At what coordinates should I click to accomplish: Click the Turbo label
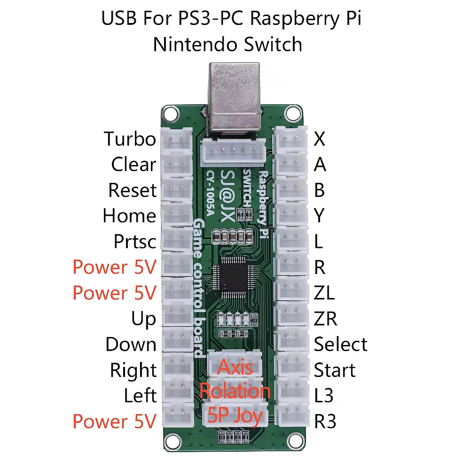pyautogui.click(x=130, y=139)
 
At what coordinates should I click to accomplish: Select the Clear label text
pyautogui.click(x=133, y=164)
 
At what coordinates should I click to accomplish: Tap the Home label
pyautogui.click(x=129, y=216)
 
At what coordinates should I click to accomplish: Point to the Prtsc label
pyautogui.click(x=135, y=242)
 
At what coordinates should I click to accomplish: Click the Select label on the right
pyautogui.click(x=340, y=345)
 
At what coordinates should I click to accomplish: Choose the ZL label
pyautogui.click(x=324, y=293)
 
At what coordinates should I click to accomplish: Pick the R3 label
pyautogui.click(x=325, y=422)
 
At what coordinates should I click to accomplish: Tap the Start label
pyautogui.click(x=335, y=370)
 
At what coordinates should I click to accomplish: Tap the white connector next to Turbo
pyautogui.click(x=178, y=140)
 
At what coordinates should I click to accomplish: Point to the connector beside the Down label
pyautogui.click(x=178, y=345)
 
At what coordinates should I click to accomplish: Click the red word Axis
pyautogui.click(x=235, y=367)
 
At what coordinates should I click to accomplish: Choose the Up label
pyautogui.click(x=143, y=319)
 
